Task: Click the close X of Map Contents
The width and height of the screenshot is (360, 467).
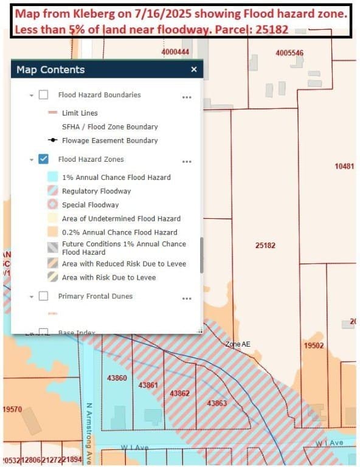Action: click(194, 69)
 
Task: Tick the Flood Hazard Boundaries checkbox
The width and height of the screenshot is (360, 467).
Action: click(44, 95)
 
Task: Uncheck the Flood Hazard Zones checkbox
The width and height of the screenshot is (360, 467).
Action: click(44, 159)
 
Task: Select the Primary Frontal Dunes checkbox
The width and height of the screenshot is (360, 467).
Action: click(44, 296)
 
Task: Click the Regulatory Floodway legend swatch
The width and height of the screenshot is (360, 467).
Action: click(52, 191)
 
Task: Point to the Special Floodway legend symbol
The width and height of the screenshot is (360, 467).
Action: click(52, 205)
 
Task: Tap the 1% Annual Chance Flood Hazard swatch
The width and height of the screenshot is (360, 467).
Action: click(52, 178)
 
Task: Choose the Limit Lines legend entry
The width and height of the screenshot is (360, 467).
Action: click(80, 113)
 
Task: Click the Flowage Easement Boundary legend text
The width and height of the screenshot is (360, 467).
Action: click(109, 140)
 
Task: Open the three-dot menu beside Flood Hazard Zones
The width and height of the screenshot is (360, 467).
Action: click(187, 161)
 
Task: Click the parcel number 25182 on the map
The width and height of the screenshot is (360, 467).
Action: click(265, 246)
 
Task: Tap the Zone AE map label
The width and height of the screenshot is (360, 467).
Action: click(237, 344)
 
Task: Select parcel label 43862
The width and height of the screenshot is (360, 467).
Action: click(179, 393)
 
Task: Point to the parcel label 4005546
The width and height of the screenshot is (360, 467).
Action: click(289, 53)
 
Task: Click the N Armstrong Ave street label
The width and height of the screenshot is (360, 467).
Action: click(89, 432)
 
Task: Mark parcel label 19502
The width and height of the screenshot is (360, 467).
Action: click(314, 345)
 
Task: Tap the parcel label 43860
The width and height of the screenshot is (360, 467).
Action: click(117, 378)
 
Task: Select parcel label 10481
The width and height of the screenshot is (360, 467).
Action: click(344, 166)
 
